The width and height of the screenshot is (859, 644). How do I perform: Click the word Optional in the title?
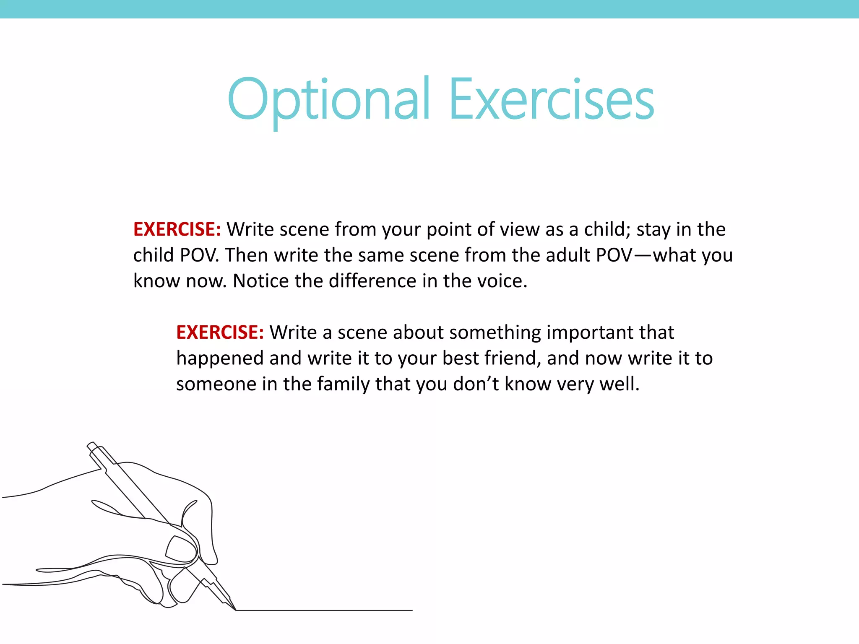pos(329,100)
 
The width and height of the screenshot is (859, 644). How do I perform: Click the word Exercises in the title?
pos(551,100)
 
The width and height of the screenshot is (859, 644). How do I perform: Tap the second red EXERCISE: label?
pos(220,332)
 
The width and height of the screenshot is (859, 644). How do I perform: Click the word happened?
pos(219,358)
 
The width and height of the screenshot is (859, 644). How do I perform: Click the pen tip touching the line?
pos(234,608)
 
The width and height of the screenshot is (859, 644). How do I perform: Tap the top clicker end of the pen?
pos(92,446)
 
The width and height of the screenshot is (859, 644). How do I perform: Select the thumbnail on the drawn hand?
pos(181,548)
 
